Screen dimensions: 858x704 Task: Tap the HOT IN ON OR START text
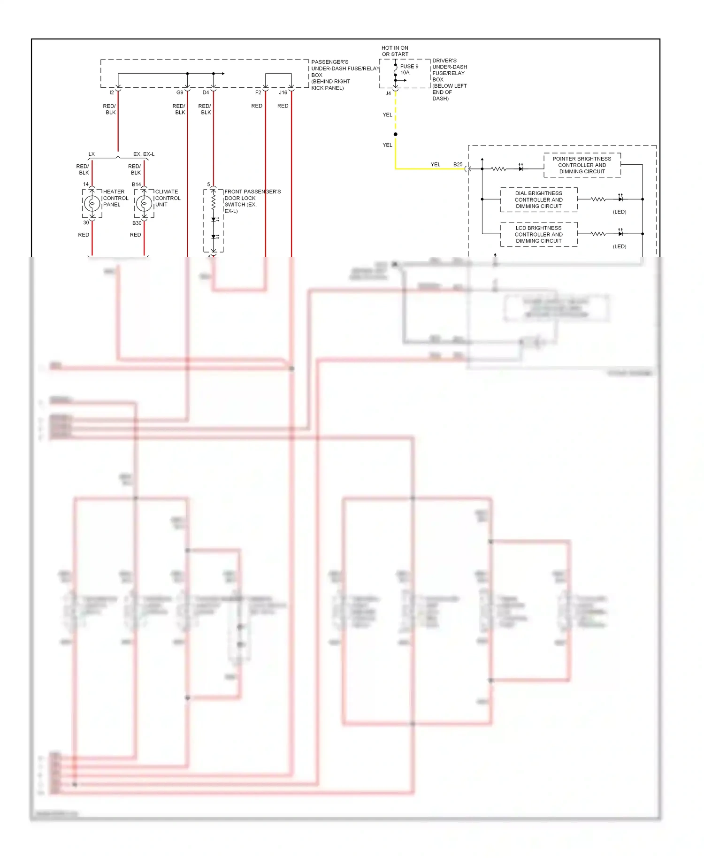pos(395,51)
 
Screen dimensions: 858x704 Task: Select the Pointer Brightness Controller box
pos(582,165)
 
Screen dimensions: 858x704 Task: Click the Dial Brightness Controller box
pos(538,199)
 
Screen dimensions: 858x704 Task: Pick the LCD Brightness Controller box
pos(538,234)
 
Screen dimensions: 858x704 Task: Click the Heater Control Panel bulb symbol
pos(92,204)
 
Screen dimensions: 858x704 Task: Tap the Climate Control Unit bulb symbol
pos(144,204)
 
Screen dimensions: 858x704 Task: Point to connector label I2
pos(112,92)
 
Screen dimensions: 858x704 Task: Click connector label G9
pos(180,92)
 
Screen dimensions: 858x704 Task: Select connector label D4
pos(206,92)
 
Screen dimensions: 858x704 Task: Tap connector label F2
pos(258,92)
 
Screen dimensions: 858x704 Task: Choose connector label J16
pos(283,92)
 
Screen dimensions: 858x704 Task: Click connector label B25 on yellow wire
pos(458,164)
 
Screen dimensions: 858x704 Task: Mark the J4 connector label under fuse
pos(388,93)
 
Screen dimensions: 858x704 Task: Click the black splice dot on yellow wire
pos(395,134)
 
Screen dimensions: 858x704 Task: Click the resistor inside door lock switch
pos(214,202)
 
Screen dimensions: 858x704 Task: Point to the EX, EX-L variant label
pos(144,154)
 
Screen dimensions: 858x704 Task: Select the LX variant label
pos(92,154)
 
